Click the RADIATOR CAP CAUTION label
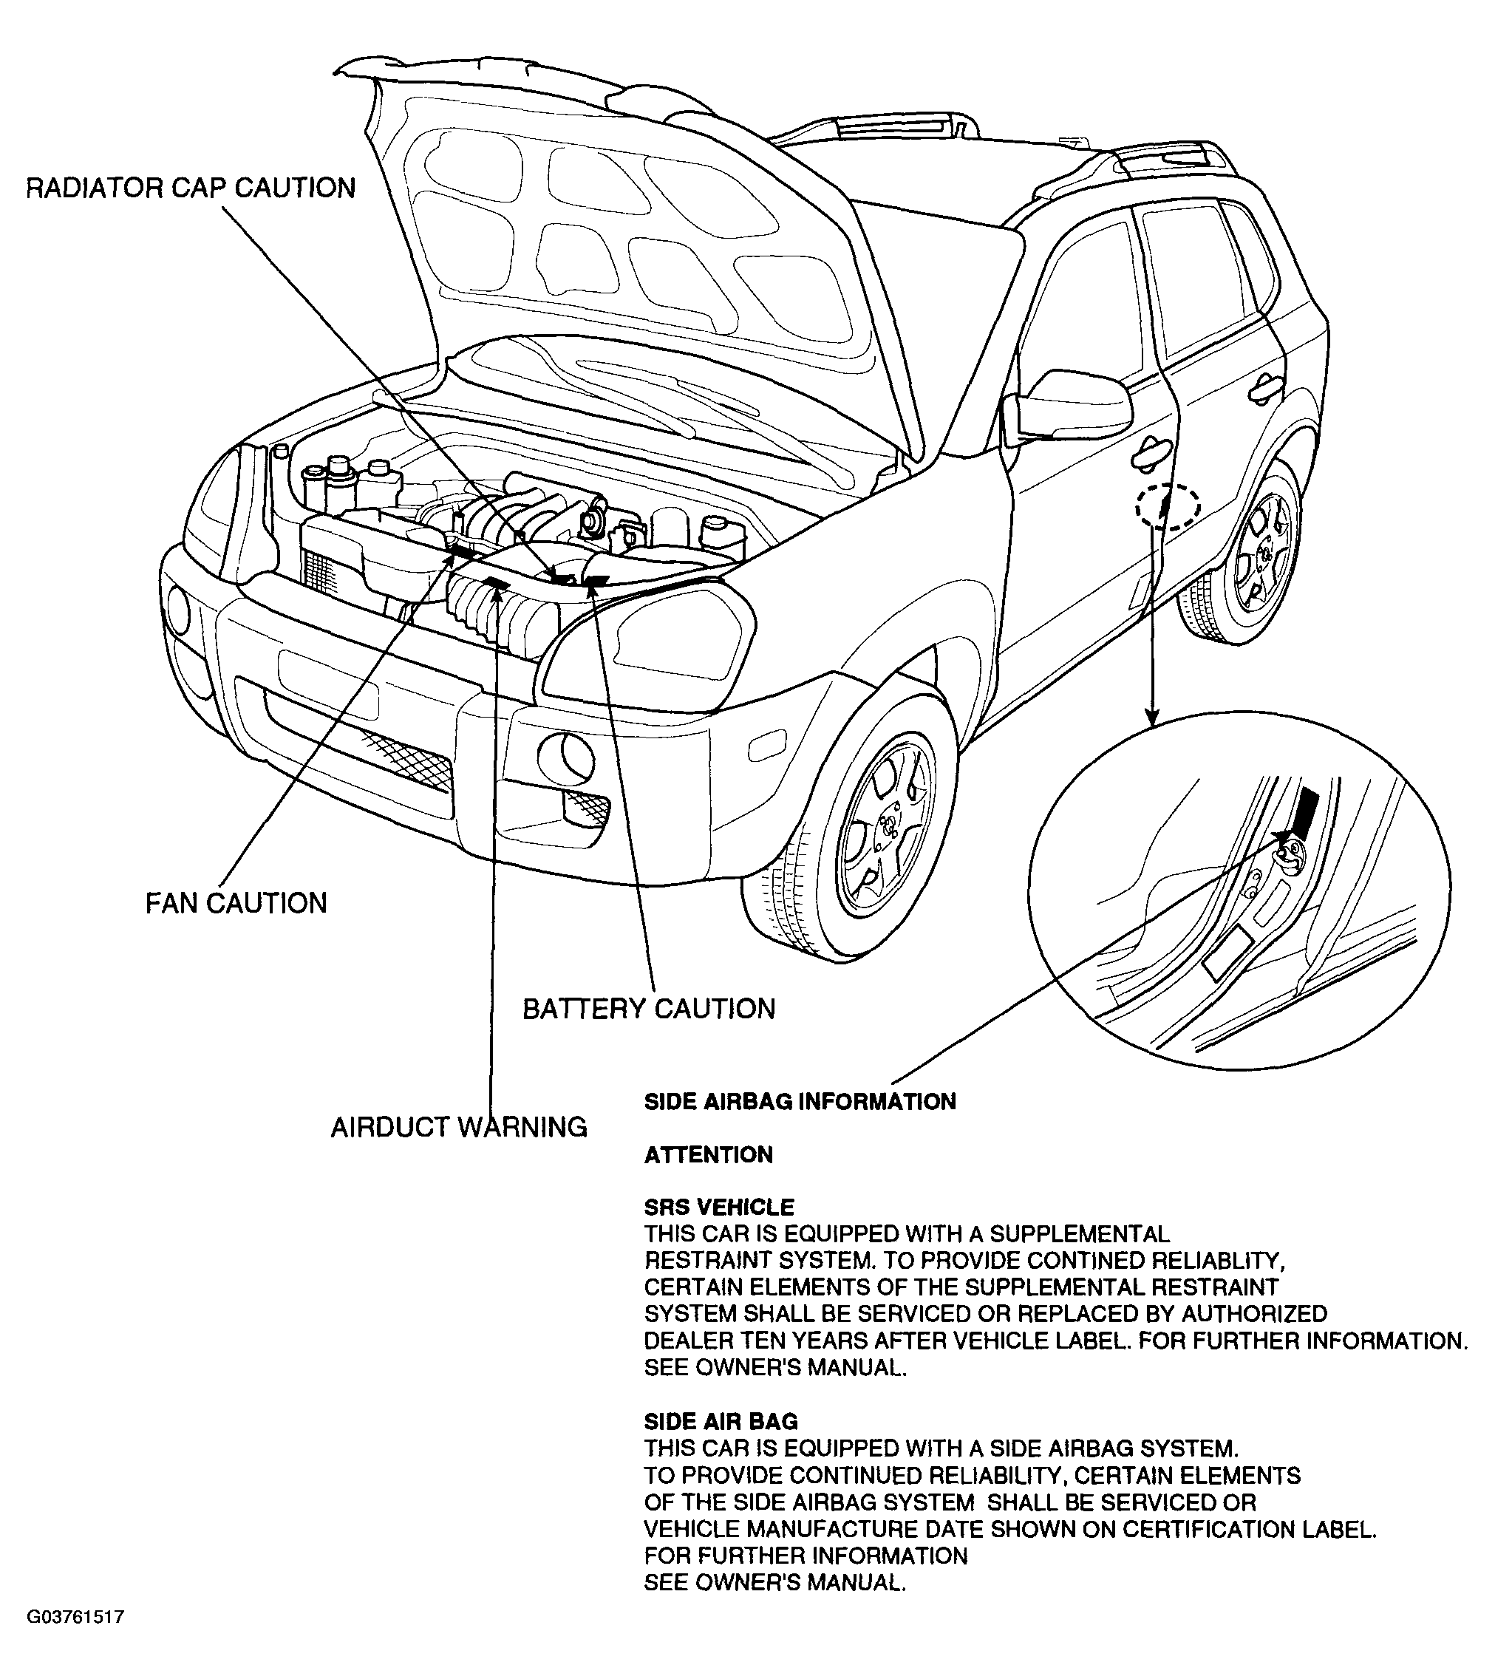click(191, 188)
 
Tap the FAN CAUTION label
click(236, 904)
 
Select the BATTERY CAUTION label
click(649, 1009)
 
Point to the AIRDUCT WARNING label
click(459, 1127)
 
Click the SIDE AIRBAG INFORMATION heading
click(800, 1102)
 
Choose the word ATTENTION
click(709, 1155)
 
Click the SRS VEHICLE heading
click(720, 1208)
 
